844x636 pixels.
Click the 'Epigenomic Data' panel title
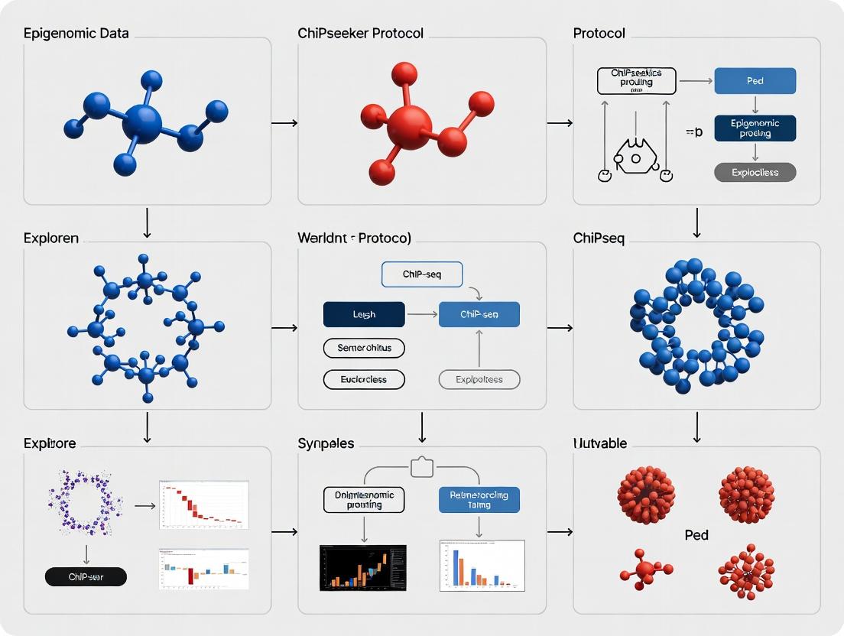[76, 34]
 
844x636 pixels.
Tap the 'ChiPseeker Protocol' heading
[360, 34]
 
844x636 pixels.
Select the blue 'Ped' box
[755, 80]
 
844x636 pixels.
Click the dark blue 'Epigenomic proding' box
[755, 128]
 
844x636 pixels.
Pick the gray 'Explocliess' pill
[755, 172]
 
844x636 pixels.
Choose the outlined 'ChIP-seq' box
[421, 274]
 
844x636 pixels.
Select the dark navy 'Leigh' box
[364, 314]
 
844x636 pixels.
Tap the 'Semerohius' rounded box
[364, 348]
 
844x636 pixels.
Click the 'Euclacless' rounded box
[364, 379]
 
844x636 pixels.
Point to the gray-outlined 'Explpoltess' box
[479, 379]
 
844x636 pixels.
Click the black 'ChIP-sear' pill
[86, 576]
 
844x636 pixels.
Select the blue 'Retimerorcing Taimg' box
[479, 500]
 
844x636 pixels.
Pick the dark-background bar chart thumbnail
[362, 567]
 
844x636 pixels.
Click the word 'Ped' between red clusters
[696, 535]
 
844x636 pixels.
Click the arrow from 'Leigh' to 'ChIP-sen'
[421, 314]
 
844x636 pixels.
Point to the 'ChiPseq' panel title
[599, 238]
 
